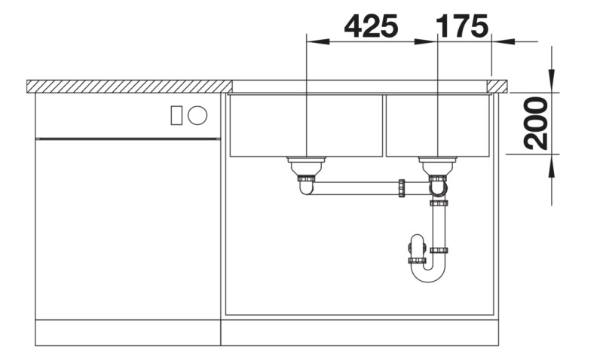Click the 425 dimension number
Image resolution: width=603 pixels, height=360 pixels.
click(370, 26)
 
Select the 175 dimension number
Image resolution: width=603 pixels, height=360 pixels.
click(462, 26)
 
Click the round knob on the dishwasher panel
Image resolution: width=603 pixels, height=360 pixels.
click(197, 115)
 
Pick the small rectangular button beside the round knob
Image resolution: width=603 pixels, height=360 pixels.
click(177, 115)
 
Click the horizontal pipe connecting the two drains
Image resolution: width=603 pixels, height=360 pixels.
click(354, 188)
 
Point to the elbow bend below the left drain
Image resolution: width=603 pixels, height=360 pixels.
click(305, 188)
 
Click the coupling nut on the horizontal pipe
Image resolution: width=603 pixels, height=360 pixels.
click(403, 188)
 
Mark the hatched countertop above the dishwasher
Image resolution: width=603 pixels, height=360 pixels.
click(128, 86)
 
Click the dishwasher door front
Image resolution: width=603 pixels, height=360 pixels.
click(128, 226)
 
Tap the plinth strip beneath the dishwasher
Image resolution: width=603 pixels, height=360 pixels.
click(128, 332)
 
